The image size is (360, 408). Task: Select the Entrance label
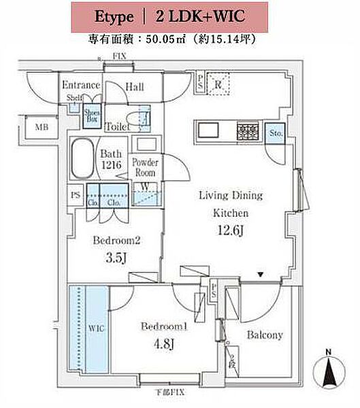pyautogui.click(x=81, y=85)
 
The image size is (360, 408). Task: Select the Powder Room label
pyautogui.click(x=145, y=167)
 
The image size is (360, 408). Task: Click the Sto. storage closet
pyautogui.click(x=276, y=133)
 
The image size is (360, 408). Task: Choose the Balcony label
pyautogui.click(x=264, y=335)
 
